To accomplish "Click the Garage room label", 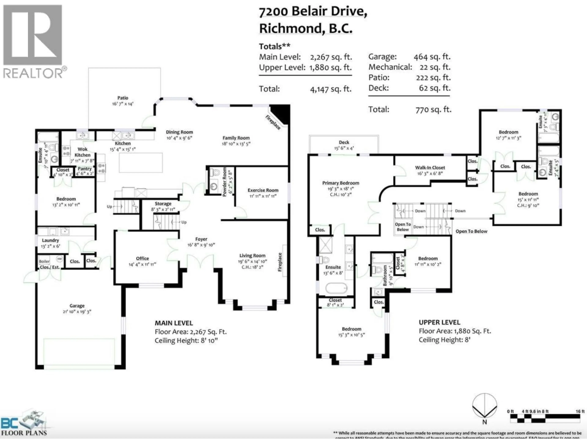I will pos(77,306).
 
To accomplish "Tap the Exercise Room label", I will pos(263,190).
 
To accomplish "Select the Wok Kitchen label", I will pos(83,152).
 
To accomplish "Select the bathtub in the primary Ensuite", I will pos(336,288).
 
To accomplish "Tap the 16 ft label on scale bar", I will pos(580,411).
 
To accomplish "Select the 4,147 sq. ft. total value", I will pos(331,89).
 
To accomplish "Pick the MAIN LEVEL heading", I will pos(174,323).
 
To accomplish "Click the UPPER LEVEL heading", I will pos(439,322).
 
